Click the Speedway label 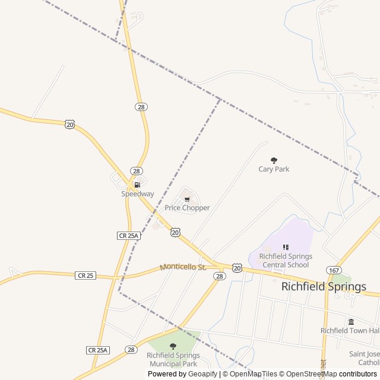pos(138,194)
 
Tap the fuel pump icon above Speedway pos(137,185)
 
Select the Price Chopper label pos(187,208)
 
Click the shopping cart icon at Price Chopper pos(187,199)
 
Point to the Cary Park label pos(274,169)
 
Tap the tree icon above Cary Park pos(274,160)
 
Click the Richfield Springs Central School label pos(286,261)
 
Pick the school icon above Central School pos(286,247)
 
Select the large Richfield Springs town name pos(324,286)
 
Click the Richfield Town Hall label pos(350,330)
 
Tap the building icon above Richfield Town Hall pos(351,321)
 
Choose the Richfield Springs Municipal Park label pos(173,359)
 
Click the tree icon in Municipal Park pos(173,346)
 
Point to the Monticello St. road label pos(183,267)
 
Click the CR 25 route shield pos(85,275)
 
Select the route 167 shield pos(334,270)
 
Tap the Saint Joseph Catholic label pos(364,358)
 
